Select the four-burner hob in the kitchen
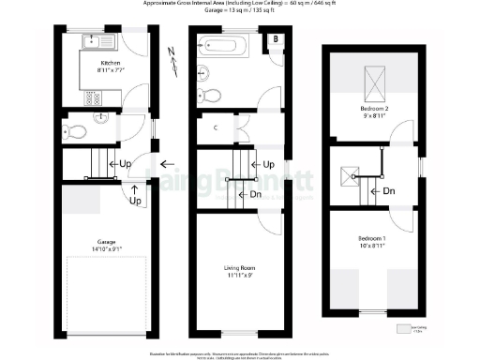(x=94, y=97)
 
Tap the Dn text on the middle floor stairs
(x=255, y=195)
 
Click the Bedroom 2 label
(x=374, y=110)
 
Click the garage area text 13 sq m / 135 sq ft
(x=241, y=13)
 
